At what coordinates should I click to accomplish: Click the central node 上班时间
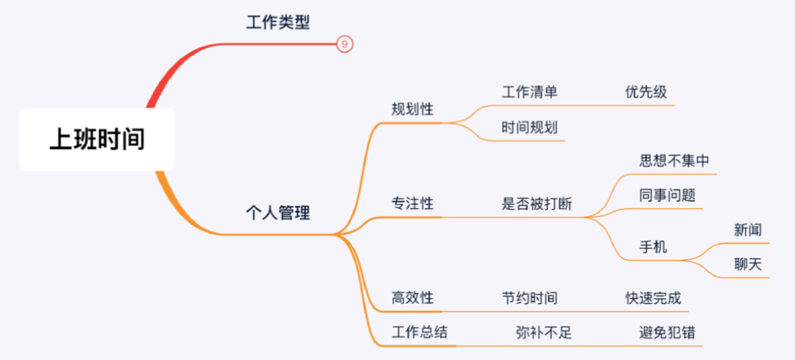click(96, 139)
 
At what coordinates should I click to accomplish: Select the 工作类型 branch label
click(278, 22)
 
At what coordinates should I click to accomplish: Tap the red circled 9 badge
click(345, 44)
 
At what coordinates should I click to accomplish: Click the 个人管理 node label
click(278, 213)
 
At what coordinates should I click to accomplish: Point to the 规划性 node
click(412, 110)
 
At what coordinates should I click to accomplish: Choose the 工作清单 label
click(529, 92)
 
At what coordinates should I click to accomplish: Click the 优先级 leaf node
click(646, 92)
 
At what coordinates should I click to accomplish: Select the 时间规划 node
click(529, 127)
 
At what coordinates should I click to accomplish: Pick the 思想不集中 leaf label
click(674, 161)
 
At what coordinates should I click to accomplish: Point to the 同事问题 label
click(667, 196)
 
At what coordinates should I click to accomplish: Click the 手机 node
click(653, 247)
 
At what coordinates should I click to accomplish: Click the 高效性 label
click(412, 298)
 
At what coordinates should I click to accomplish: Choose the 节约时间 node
click(529, 298)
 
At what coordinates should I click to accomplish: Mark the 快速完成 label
click(653, 298)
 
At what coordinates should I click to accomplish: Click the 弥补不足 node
click(544, 332)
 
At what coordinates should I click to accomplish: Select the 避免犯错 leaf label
click(667, 332)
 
